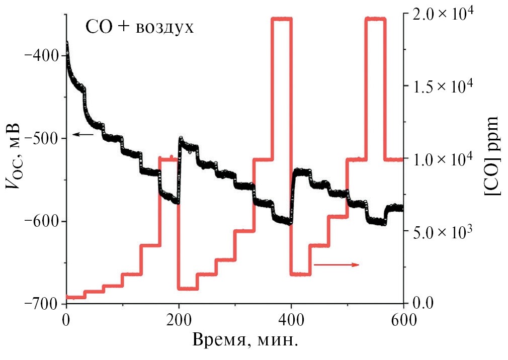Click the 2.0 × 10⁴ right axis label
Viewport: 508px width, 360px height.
click(444, 14)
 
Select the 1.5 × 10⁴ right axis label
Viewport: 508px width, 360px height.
click(444, 86)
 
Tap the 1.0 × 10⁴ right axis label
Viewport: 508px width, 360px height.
click(444, 159)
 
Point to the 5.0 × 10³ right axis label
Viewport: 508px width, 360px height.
click(444, 231)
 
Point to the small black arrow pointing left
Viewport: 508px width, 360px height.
click(83, 134)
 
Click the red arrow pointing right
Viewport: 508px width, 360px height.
click(336, 264)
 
